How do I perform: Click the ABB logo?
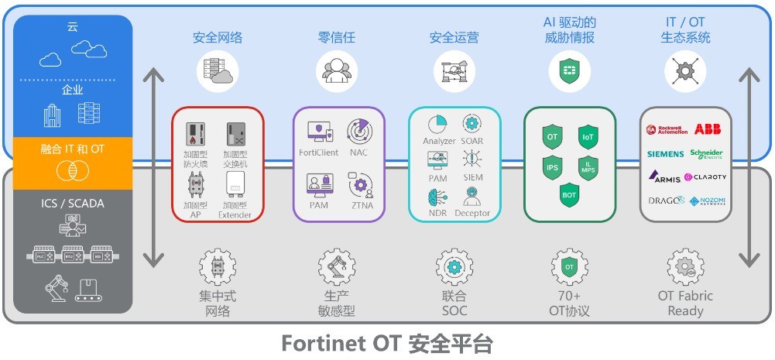coord(708,129)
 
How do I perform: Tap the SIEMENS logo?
coord(666,154)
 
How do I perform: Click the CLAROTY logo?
coord(705,177)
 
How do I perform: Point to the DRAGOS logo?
coord(667,201)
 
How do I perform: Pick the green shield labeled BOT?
coord(569,195)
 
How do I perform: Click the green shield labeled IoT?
coord(588,137)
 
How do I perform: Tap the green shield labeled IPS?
coord(552,166)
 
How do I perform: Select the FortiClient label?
coord(320,152)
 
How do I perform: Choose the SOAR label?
coord(472,141)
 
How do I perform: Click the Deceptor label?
coord(472,213)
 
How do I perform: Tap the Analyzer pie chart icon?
coord(438,124)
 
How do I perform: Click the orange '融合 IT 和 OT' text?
coord(73,149)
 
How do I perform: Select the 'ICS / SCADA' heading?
coord(73,204)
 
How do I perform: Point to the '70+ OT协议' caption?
coord(569,303)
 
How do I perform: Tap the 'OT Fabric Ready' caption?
coord(685,303)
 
